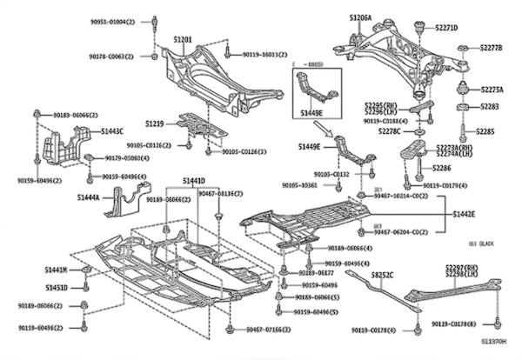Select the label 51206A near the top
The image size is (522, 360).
click(360, 17)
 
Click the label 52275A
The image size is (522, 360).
click(492, 90)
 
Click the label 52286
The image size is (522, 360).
click(441, 167)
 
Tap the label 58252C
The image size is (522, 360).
click(383, 276)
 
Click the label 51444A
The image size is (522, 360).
click(89, 198)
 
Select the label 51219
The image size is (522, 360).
click(155, 123)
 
